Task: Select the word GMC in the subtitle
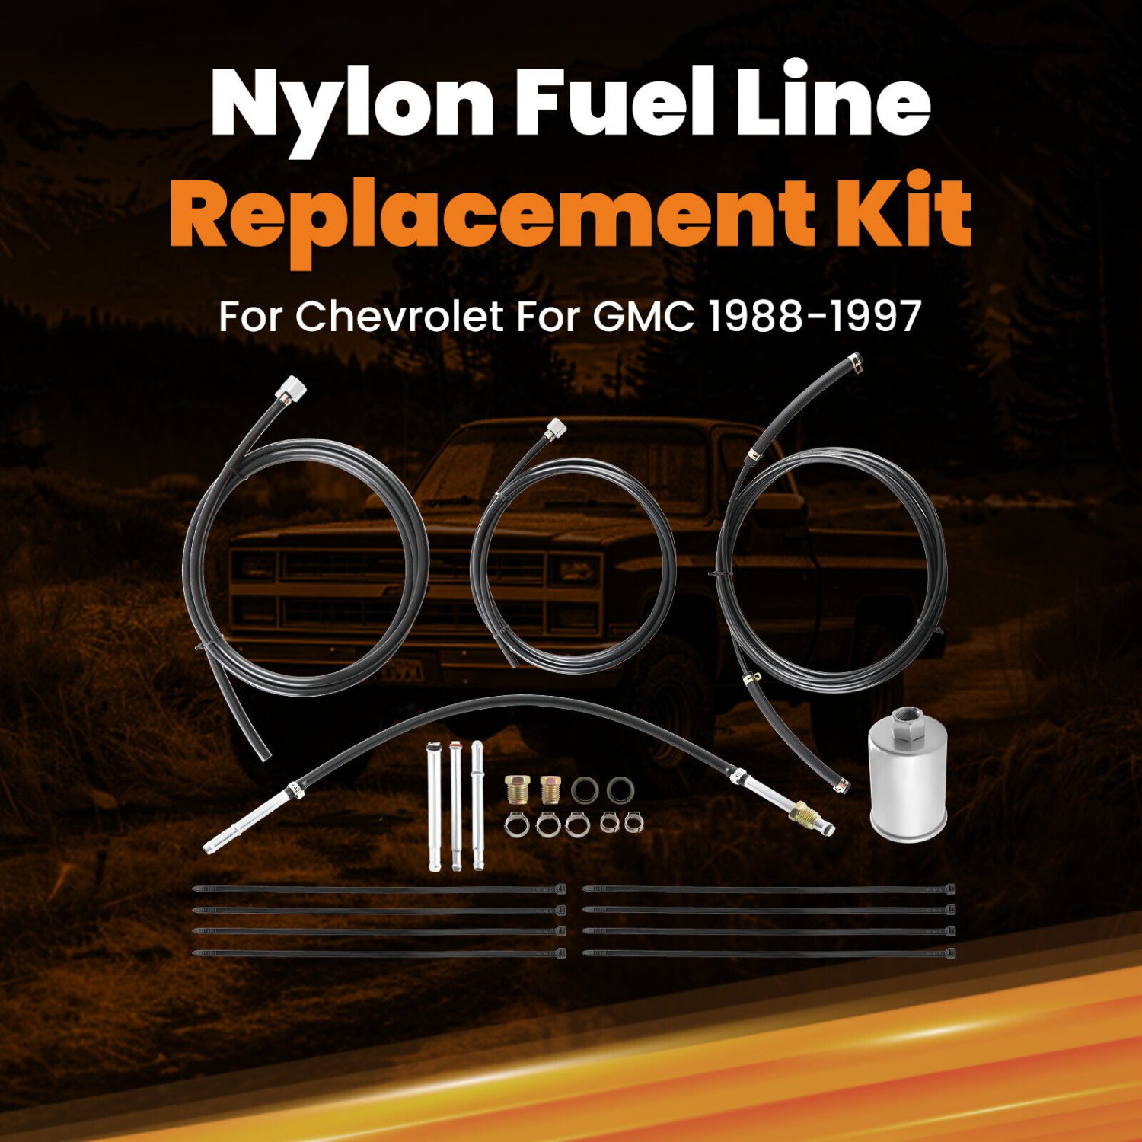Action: click(643, 316)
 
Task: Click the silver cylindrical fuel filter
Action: click(908, 784)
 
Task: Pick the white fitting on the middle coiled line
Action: click(556, 428)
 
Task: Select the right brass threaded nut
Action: click(550, 790)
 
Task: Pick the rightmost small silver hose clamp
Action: click(632, 823)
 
